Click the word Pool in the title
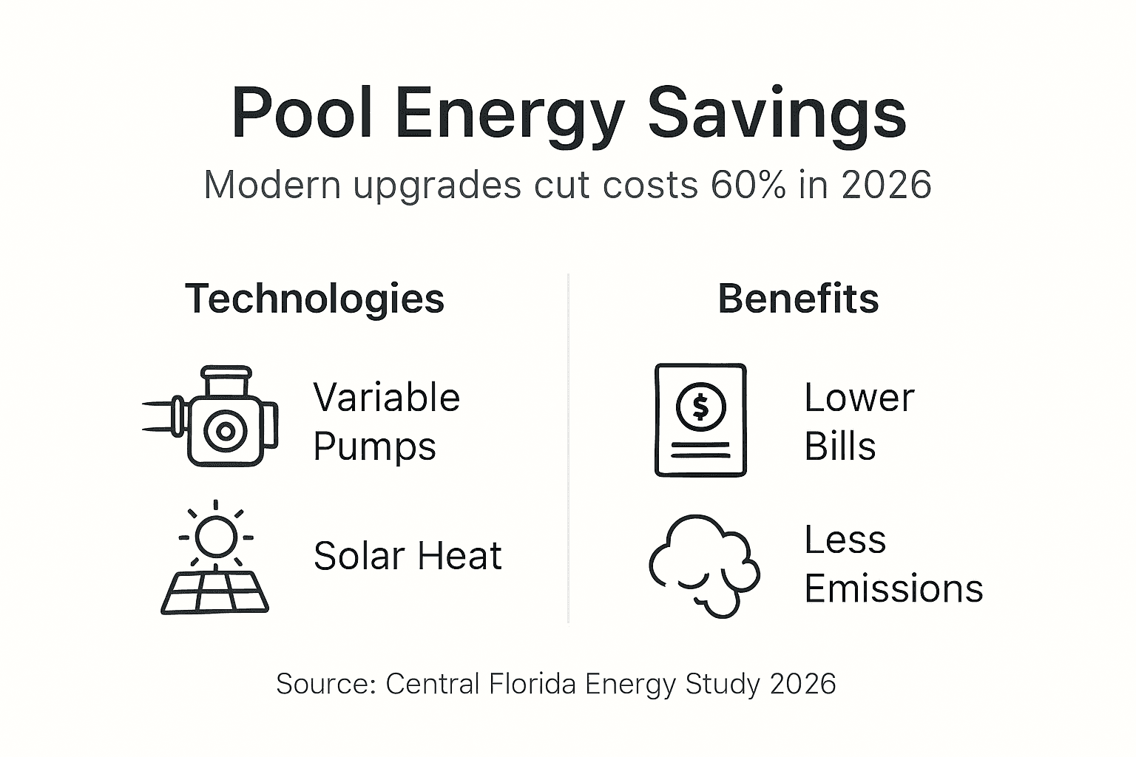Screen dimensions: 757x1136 [x=302, y=115]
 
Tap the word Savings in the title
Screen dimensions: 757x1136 [x=777, y=115]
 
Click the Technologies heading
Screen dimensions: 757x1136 [x=315, y=299]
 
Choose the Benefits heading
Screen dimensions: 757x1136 [x=798, y=299]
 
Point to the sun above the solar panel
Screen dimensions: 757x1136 [x=215, y=536]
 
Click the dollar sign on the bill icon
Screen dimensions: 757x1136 [x=700, y=406]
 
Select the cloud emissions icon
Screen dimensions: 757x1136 [x=703, y=565]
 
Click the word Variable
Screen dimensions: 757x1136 [x=386, y=398]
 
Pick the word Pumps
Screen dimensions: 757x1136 [x=374, y=447]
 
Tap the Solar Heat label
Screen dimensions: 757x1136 [x=408, y=556]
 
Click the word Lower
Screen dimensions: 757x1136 [x=859, y=398]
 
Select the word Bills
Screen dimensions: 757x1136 [x=839, y=447]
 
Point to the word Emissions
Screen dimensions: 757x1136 [x=893, y=589]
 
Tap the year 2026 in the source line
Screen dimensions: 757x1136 [x=802, y=684]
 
